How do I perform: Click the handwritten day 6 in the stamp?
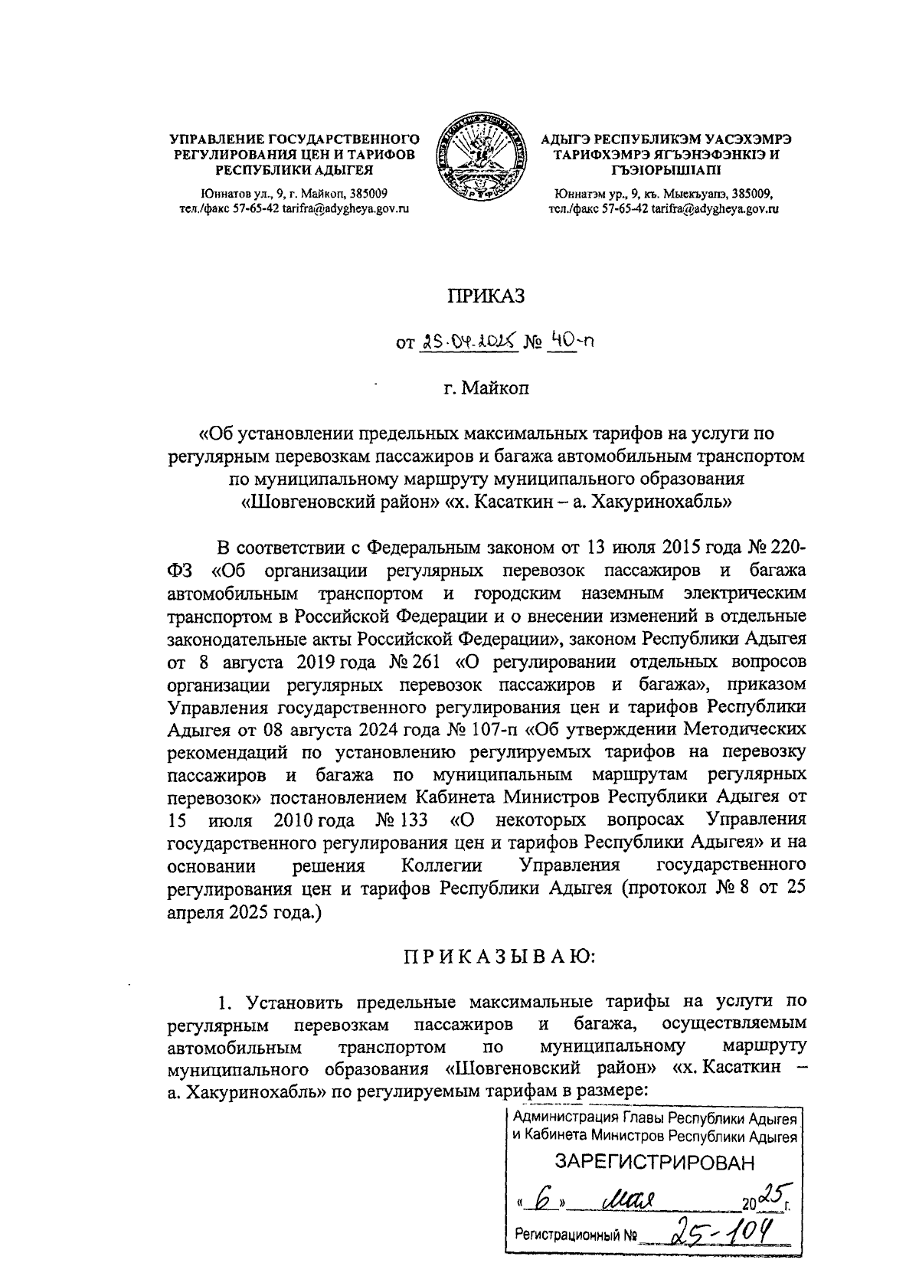[543, 1198]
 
